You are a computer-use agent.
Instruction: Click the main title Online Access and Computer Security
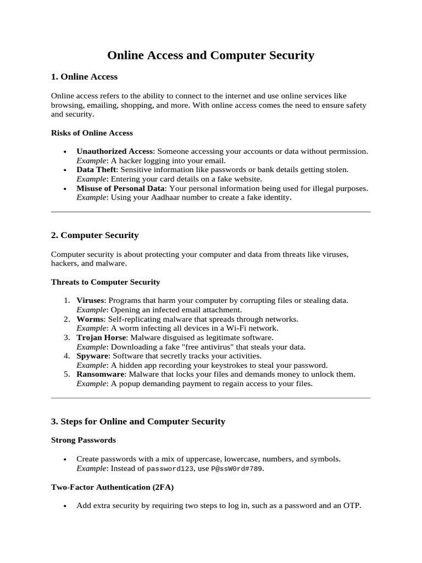[x=210, y=55]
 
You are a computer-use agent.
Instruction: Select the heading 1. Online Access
[x=84, y=76]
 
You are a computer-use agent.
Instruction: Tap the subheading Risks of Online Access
[x=92, y=133]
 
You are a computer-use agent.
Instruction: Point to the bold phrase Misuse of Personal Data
[x=120, y=189]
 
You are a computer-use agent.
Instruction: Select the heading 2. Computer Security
[x=95, y=235]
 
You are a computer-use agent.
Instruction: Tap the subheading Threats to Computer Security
[x=105, y=282]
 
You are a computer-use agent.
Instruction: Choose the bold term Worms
[x=88, y=319]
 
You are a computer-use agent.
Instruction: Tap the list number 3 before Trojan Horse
[x=66, y=338]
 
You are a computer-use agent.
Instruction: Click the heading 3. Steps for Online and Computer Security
[x=138, y=422]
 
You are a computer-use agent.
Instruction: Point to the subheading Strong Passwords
[x=83, y=440]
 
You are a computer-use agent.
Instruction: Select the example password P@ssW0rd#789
[x=236, y=468]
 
